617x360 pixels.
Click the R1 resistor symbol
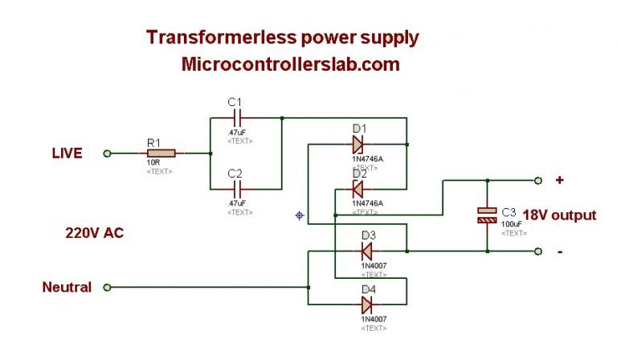pos(161,153)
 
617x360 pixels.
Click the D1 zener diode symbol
pos(358,145)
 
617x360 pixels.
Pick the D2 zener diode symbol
pos(358,189)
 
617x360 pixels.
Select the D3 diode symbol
pos(366,251)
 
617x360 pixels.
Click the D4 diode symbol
pos(366,305)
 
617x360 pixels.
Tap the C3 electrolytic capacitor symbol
pos(487,215)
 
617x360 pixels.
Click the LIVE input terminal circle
pos(107,153)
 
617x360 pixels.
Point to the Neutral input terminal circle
pos(107,287)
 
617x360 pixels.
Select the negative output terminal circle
pos(538,251)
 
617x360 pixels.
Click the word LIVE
pos(67,153)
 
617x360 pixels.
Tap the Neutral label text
pos(67,287)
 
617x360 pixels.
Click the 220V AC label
pos(94,233)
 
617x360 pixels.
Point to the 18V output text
pos(560,215)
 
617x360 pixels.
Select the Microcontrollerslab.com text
pos(291,65)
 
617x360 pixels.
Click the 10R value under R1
pos(152,163)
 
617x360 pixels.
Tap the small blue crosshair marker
pos(300,215)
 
